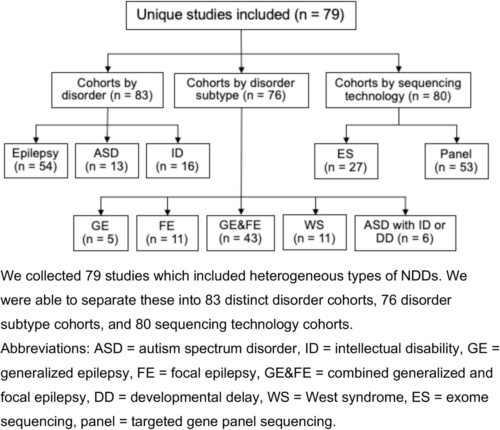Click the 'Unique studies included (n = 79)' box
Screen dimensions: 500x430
click(x=241, y=16)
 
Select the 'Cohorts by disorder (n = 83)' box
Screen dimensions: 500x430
click(x=107, y=90)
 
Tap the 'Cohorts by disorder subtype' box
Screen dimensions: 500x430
click(x=241, y=91)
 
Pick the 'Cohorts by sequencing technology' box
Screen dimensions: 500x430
click(x=398, y=90)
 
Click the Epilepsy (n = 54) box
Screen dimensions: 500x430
click(x=36, y=161)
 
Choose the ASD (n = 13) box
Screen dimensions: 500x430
click(x=107, y=161)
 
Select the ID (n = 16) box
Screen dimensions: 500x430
click(x=178, y=161)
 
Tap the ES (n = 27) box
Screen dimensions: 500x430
click(x=346, y=161)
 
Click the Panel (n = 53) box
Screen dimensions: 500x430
click(x=457, y=161)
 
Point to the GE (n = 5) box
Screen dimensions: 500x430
click(x=101, y=233)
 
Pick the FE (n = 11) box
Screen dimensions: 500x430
click(x=168, y=233)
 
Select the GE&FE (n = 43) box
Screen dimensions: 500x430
click(x=241, y=233)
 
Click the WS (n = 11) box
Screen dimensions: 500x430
click(x=315, y=232)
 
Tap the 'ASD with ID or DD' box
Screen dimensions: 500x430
click(x=405, y=233)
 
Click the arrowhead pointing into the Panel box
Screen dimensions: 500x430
click(x=457, y=140)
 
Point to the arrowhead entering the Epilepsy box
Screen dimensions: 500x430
click(x=36, y=140)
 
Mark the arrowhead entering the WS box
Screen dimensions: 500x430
click(x=316, y=212)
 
